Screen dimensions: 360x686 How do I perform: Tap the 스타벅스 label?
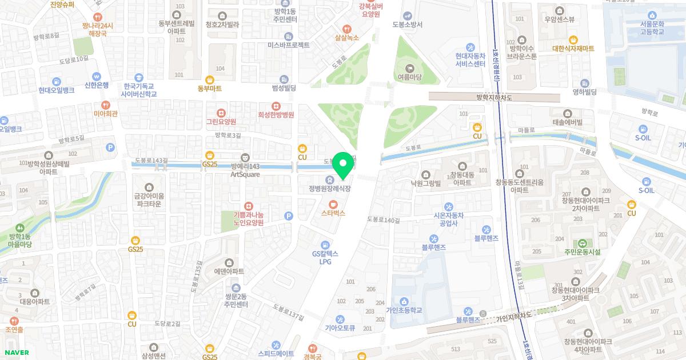(333, 213)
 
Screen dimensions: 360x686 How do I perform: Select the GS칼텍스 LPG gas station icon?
(325, 244)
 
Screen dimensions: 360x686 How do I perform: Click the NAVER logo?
(16, 353)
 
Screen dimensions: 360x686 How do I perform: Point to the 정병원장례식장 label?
(329, 189)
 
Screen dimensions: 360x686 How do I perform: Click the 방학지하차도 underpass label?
(494, 98)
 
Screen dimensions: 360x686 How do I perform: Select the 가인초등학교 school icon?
(404, 301)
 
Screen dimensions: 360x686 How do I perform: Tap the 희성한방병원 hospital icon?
(276, 106)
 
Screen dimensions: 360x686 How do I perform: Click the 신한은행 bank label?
(96, 85)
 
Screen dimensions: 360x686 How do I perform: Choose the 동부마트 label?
(209, 89)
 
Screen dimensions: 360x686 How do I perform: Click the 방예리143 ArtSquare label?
(245, 170)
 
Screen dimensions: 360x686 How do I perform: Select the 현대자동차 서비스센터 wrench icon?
(470, 47)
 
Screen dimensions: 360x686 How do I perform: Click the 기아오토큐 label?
(340, 328)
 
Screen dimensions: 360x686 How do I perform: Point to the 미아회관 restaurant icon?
(105, 105)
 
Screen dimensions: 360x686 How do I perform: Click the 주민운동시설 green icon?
(583, 243)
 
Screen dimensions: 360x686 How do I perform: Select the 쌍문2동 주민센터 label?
(235, 300)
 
